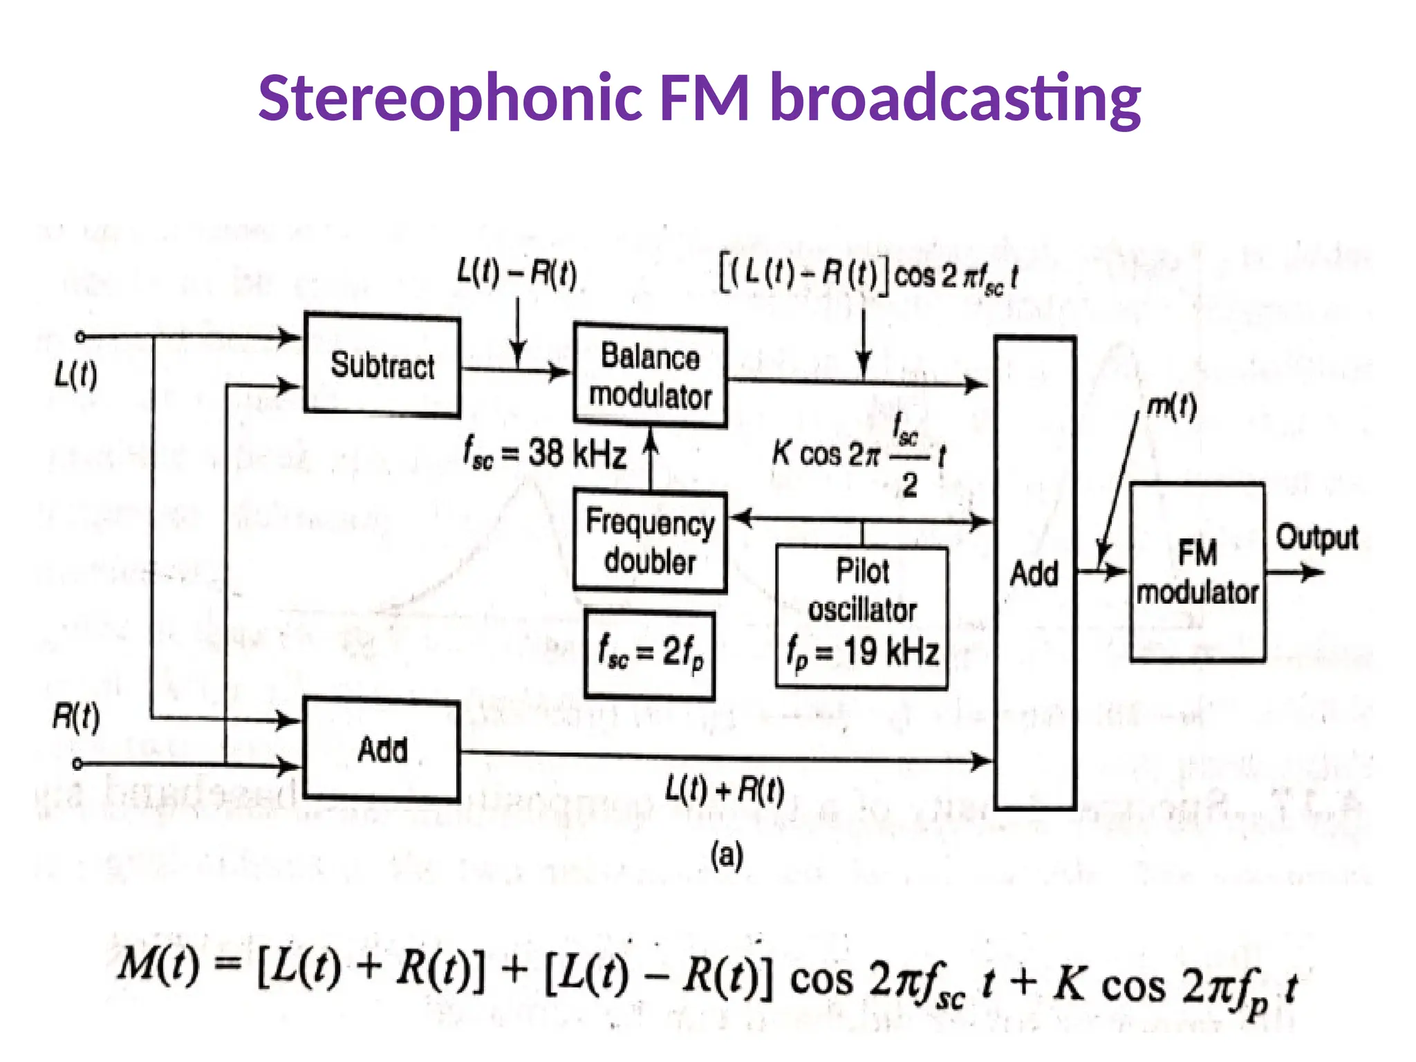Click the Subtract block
[x=382, y=365]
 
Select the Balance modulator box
[x=650, y=375]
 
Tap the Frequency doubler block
[x=650, y=541]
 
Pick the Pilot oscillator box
[x=861, y=617]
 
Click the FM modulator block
[x=1198, y=572]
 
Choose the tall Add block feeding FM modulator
[x=1034, y=573]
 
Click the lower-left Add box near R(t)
[x=382, y=750]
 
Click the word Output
[x=1316, y=538]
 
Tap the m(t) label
[x=1171, y=408]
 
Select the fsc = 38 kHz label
[x=545, y=455]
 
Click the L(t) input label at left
[x=75, y=376]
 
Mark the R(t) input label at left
[x=75, y=717]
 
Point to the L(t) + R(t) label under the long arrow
[x=725, y=790]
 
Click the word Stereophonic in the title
[x=447, y=98]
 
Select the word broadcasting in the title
[x=955, y=98]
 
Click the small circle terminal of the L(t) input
[x=80, y=337]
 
